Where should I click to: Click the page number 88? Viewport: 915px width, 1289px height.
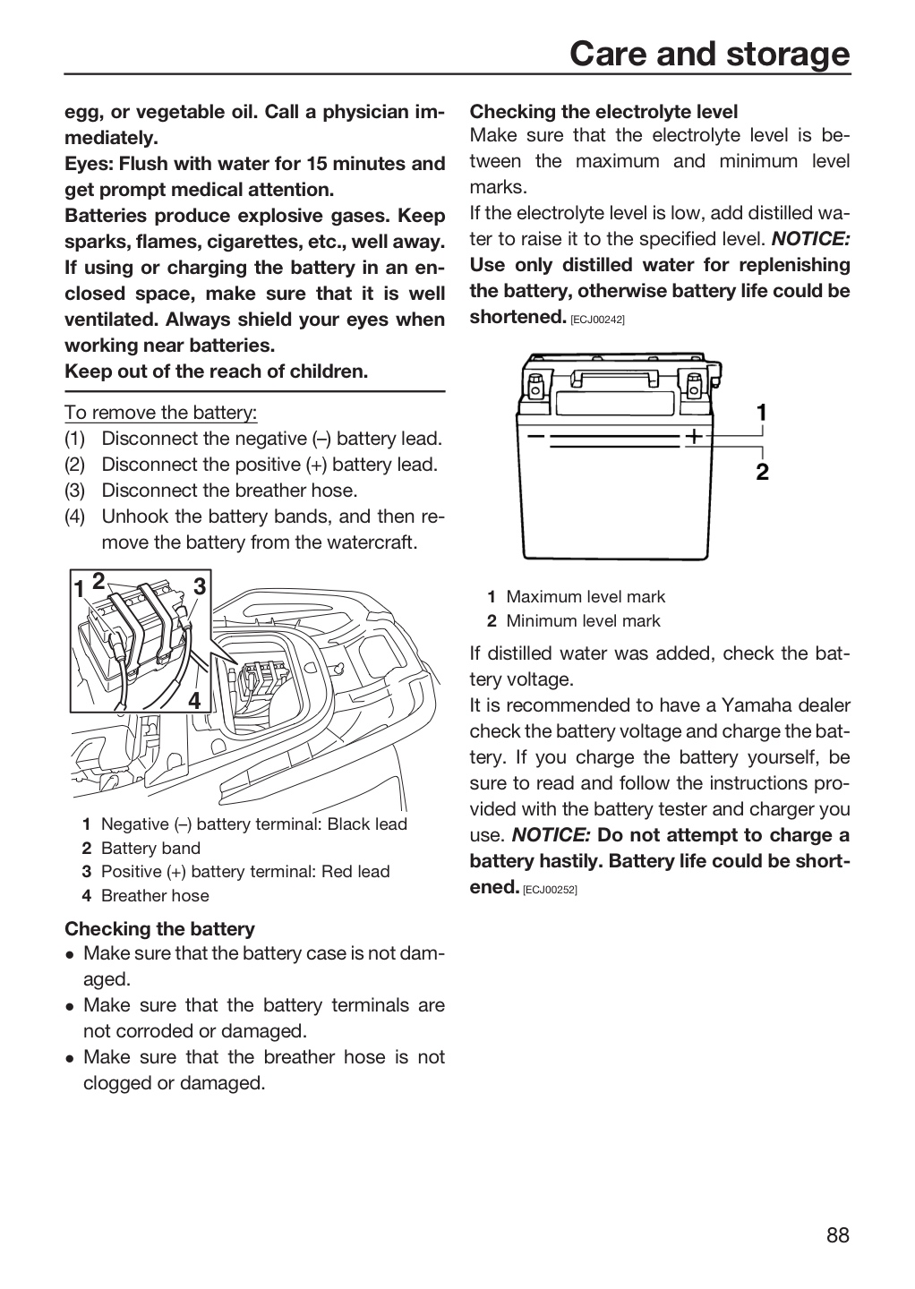point(838,1235)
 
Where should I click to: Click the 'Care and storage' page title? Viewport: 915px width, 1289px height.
point(710,54)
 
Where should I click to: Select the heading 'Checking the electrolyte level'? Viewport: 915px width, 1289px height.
point(603,112)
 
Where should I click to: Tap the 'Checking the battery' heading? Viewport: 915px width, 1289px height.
point(159,929)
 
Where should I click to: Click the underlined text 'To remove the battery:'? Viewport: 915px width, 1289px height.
point(160,412)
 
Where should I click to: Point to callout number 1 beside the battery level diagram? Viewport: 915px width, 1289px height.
point(761,413)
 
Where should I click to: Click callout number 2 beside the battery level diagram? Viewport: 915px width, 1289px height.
point(762,472)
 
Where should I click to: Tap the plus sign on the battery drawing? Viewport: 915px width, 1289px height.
point(695,436)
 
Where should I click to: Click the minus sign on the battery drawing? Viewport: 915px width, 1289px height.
point(535,436)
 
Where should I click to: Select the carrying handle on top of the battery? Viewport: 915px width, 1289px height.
point(614,377)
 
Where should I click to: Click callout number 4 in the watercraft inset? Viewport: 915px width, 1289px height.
point(194,700)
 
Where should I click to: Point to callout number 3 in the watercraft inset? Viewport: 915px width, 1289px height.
point(199,586)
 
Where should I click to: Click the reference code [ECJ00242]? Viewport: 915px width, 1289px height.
point(597,320)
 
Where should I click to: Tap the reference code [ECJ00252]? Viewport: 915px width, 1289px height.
point(550,890)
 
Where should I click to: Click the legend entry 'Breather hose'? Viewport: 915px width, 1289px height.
point(155,895)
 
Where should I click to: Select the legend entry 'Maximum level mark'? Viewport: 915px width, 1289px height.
point(586,597)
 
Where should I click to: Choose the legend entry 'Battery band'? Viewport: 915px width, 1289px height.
point(150,849)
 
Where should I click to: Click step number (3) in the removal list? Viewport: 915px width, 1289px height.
point(75,491)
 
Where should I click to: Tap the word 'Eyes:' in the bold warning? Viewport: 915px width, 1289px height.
point(90,164)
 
